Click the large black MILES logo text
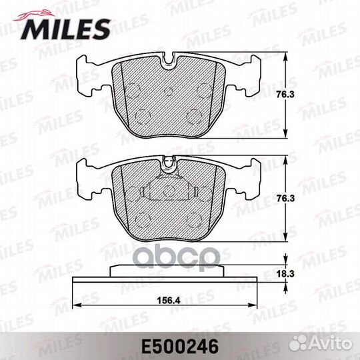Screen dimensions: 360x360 coord(65,29)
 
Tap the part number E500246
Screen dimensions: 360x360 coord(180,347)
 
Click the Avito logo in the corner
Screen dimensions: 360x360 coord(321,344)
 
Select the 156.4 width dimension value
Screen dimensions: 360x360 coord(169,300)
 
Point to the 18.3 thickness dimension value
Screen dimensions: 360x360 coord(285,274)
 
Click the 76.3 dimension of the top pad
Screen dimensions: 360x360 coord(285,95)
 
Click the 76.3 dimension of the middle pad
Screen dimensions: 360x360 coord(285,199)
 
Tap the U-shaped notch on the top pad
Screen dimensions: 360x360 coord(168,61)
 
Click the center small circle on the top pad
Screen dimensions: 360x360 coord(169,91)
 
